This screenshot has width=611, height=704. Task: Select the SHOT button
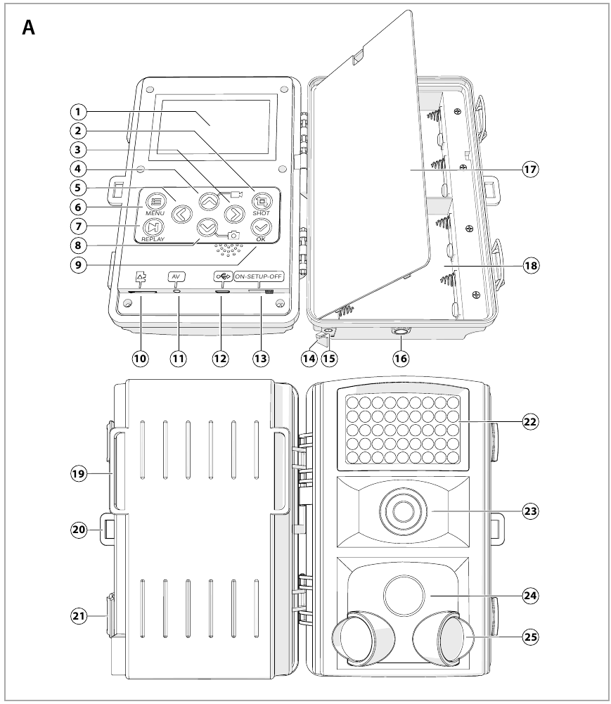[x=261, y=200]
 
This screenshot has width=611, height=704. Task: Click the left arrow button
[x=181, y=212]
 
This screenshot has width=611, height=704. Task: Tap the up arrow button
[x=207, y=200]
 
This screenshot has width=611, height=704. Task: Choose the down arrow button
[x=207, y=226]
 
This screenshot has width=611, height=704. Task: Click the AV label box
[x=176, y=276]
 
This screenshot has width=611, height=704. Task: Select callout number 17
[x=531, y=169]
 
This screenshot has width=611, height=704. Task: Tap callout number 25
[x=531, y=636]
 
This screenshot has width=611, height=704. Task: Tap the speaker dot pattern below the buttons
[x=226, y=250]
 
